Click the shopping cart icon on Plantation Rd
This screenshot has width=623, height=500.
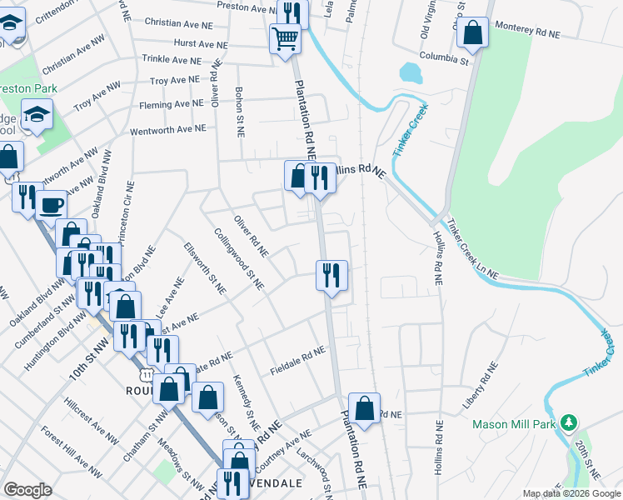(x=285, y=37)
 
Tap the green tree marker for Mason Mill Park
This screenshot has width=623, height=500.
(x=570, y=423)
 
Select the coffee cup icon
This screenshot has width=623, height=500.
(x=52, y=203)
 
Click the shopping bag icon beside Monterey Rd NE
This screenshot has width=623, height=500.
(x=472, y=33)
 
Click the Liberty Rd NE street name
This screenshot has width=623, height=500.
(x=481, y=385)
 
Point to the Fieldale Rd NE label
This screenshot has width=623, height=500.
(x=297, y=361)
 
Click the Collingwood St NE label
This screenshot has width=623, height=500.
(x=238, y=259)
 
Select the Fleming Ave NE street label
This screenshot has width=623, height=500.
(x=176, y=105)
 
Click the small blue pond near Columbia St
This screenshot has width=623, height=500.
(x=411, y=73)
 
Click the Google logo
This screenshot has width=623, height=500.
(x=27, y=490)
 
